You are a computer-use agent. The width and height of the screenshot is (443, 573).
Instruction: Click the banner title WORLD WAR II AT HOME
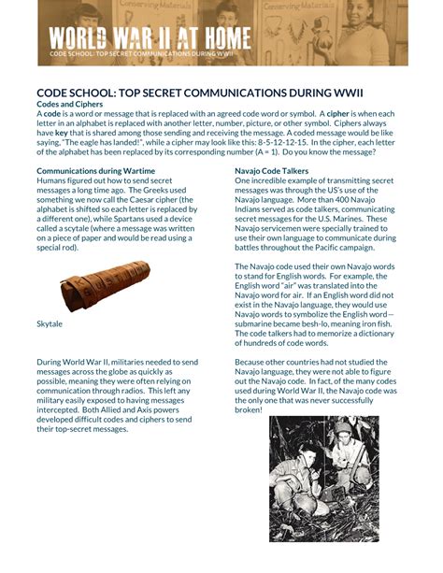click(x=150, y=38)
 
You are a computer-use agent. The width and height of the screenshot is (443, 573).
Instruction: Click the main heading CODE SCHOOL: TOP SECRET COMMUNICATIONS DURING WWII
click(x=200, y=93)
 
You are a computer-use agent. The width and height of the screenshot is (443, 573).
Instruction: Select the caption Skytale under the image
click(x=50, y=322)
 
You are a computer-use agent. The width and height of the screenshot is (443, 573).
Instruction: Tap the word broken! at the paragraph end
click(x=249, y=409)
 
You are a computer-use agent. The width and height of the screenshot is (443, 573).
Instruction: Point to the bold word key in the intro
click(x=61, y=132)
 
